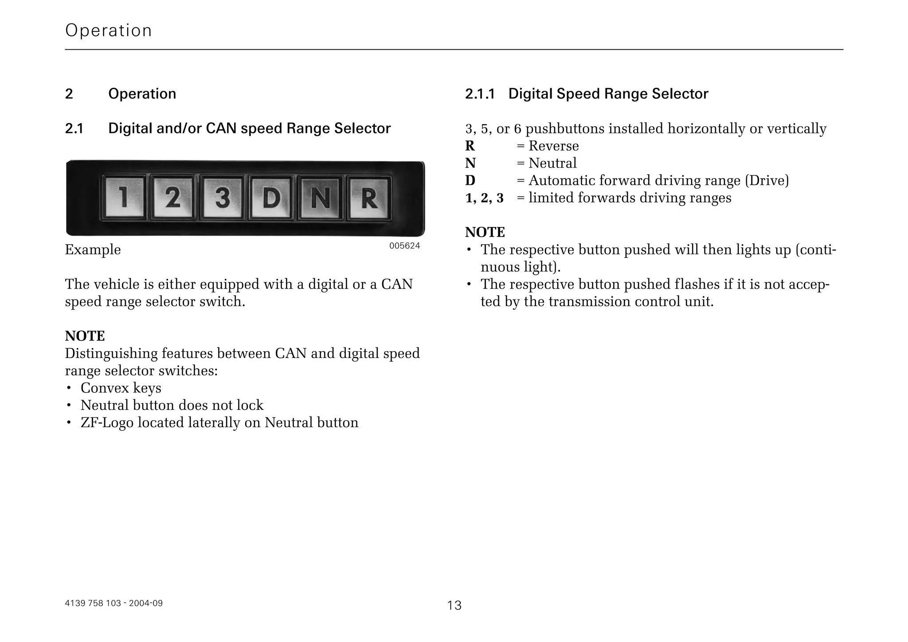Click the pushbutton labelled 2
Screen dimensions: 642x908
pyautogui.click(x=173, y=198)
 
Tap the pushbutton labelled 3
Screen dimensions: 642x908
pyautogui.click(x=222, y=198)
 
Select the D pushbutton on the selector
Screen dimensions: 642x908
pyautogui.click(x=271, y=198)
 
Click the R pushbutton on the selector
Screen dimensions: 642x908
pyautogui.click(x=369, y=198)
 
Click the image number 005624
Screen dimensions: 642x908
pyautogui.click(x=404, y=246)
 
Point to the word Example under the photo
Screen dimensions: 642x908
pyautogui.click(x=93, y=250)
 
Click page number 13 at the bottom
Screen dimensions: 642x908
pyautogui.click(x=454, y=605)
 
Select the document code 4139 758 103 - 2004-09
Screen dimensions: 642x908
pyautogui.click(x=113, y=603)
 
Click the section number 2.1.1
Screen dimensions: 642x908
pyautogui.click(x=479, y=94)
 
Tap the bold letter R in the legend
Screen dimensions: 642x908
pyautogui.click(x=470, y=146)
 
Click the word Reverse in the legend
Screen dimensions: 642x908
pyautogui.click(x=553, y=146)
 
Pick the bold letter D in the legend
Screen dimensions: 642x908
pyautogui.click(x=470, y=180)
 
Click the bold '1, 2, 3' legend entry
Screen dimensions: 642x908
pyautogui.click(x=484, y=198)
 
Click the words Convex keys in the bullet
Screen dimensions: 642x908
pyautogui.click(x=121, y=388)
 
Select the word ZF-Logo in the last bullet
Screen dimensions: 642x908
pyautogui.click(x=106, y=423)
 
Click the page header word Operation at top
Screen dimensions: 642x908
pyautogui.click(x=109, y=31)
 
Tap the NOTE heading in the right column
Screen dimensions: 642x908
pyautogui.click(x=485, y=232)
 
